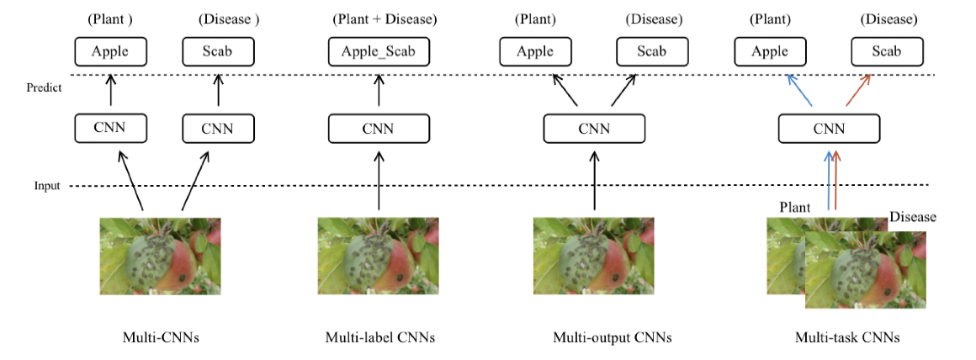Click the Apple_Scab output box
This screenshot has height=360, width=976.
coord(379,52)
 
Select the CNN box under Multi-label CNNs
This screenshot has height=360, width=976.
coord(379,129)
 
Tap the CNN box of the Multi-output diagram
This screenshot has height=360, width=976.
coord(594,129)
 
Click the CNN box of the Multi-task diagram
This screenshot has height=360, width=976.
coord(829,129)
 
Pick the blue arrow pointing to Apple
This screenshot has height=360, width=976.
coord(799,90)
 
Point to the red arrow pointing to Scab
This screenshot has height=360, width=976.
coord(858,90)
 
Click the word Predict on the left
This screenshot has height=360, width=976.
coord(44,87)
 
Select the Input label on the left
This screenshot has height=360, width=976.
coord(46,186)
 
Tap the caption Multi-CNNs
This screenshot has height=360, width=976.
coord(160,338)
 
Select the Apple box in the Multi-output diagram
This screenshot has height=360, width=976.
coord(535,52)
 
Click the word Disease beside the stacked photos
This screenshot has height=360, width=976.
coord(912,217)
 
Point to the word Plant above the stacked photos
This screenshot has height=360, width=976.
coord(795,207)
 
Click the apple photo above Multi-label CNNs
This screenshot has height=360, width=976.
coord(378,256)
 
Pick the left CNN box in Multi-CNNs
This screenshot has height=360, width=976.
coord(111,128)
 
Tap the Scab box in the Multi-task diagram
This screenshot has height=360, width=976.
coord(886,52)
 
